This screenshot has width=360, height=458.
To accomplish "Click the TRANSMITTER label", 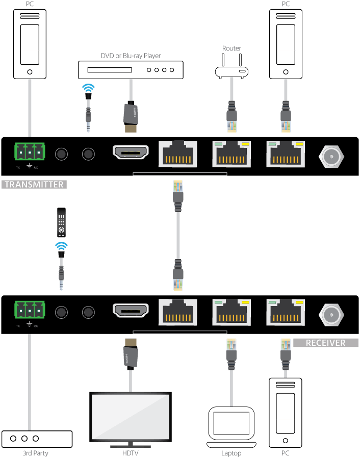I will (x=35, y=185).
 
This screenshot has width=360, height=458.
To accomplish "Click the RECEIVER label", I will (x=325, y=343).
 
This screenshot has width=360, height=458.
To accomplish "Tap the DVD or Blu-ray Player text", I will (x=131, y=56).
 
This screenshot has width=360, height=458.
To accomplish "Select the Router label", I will (x=232, y=48).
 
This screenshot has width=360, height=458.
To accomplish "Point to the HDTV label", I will (x=130, y=453).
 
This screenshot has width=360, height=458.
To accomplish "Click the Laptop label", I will (x=232, y=453).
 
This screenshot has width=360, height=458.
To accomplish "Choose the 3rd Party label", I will (x=35, y=453).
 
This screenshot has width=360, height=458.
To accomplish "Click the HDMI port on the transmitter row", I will (x=131, y=152).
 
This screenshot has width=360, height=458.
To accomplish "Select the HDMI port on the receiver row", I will (x=131, y=311).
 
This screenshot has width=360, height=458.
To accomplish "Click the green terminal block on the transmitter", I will (x=30, y=152).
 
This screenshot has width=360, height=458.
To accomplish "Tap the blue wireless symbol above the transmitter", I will (x=89, y=88).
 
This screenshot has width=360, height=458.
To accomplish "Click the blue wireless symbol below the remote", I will (x=61, y=247).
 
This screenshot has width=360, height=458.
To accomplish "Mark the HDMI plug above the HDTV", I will (x=131, y=353).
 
